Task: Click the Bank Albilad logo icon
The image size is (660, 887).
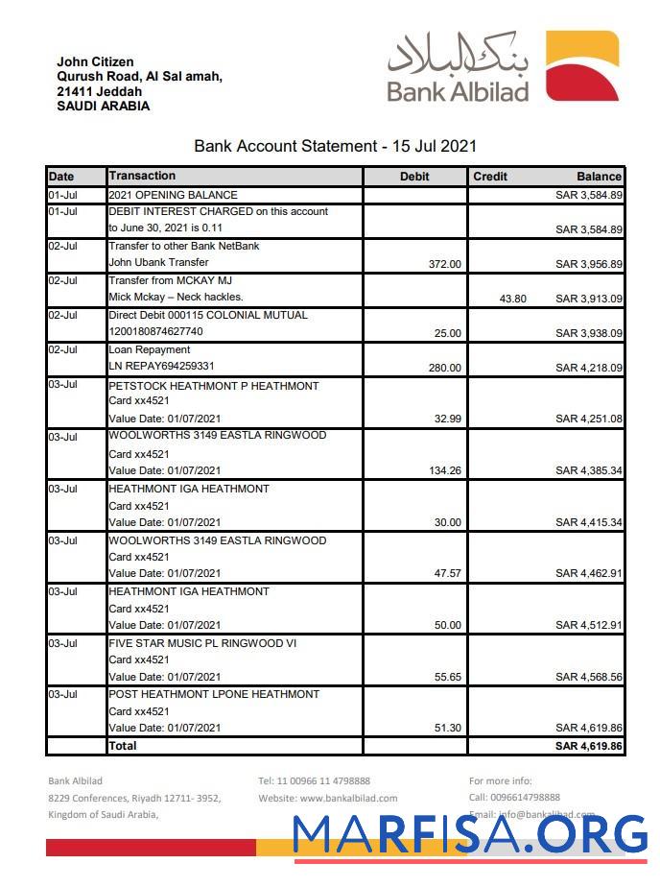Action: click(x=582, y=65)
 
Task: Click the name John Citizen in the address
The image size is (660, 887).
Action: click(x=95, y=62)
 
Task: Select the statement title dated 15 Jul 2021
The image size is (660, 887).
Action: click(x=335, y=147)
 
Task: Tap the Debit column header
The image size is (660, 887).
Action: click(x=414, y=177)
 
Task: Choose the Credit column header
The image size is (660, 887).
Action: click(x=490, y=177)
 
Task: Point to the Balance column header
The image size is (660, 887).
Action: click(x=599, y=177)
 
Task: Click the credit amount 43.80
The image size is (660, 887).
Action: click(x=513, y=299)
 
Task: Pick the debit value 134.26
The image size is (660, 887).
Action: click(x=442, y=470)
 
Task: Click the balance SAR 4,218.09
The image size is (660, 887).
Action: click(x=589, y=368)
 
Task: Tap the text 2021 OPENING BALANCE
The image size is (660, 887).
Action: click(x=173, y=195)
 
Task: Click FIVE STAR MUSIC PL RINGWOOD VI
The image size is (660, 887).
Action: click(x=202, y=643)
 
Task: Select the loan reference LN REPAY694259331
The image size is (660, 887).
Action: click(x=161, y=367)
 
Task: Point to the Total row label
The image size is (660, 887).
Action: click(x=123, y=746)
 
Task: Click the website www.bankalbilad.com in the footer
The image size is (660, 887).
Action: click(x=348, y=798)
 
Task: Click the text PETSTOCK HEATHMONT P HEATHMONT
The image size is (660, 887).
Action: click(x=213, y=386)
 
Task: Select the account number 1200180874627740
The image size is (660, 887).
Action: click(x=155, y=332)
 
